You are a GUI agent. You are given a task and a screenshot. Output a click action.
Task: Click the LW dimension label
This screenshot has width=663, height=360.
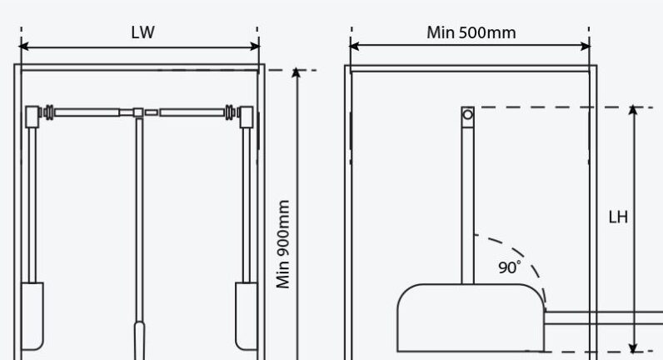[x=143, y=32]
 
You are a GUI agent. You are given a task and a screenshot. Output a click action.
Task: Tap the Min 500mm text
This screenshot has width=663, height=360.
[x=471, y=32]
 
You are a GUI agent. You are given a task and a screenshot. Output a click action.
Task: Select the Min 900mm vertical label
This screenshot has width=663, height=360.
[x=283, y=244]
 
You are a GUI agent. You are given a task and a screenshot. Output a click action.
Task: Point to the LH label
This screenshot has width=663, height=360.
[x=618, y=217]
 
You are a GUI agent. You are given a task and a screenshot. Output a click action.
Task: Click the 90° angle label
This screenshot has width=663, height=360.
[x=510, y=267]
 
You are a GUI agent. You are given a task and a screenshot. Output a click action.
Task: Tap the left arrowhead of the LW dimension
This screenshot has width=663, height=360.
[x=23, y=46]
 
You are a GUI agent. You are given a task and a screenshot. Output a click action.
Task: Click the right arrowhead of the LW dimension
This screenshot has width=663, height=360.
[x=256, y=46]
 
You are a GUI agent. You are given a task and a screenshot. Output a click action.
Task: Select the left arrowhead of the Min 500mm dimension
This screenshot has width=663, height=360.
[x=354, y=46]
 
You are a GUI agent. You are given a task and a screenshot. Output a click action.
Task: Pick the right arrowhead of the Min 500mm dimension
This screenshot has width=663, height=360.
[x=586, y=46]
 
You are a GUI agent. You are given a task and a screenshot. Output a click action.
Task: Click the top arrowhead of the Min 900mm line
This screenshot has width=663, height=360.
[x=297, y=72]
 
